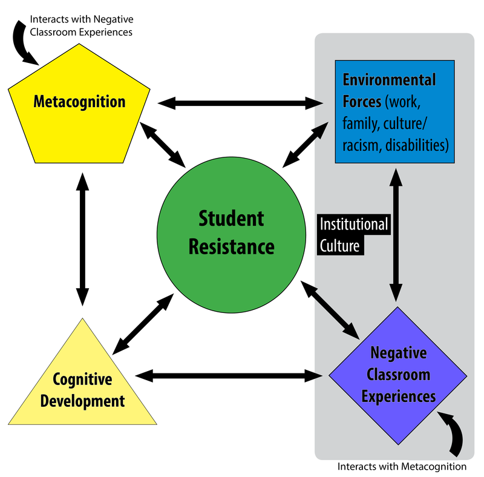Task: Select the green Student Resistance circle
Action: [x=232, y=235]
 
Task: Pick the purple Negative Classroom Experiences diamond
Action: [x=398, y=376]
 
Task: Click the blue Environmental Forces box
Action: [x=395, y=111]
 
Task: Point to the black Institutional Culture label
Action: [x=354, y=234]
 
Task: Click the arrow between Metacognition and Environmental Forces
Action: [x=240, y=103]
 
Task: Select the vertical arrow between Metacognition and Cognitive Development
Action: [x=82, y=240]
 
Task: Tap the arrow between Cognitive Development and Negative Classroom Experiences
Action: [x=229, y=376]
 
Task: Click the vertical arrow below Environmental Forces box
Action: [x=396, y=235]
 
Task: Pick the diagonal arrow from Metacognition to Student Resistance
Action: [x=163, y=145]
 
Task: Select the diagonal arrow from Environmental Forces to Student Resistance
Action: [x=306, y=145]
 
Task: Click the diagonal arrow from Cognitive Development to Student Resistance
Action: [x=143, y=324]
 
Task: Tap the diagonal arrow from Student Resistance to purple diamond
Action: [x=330, y=310]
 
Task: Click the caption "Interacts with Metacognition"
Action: [x=402, y=467]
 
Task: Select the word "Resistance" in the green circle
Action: [x=232, y=247]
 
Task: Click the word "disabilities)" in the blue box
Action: [x=417, y=145]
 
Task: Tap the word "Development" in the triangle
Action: [x=82, y=401]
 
